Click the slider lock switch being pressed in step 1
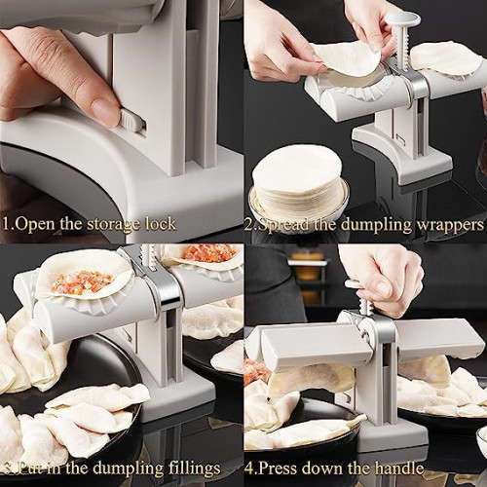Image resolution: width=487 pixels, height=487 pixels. [x=131, y=122]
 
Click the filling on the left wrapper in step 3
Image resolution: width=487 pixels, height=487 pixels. [x=82, y=281]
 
